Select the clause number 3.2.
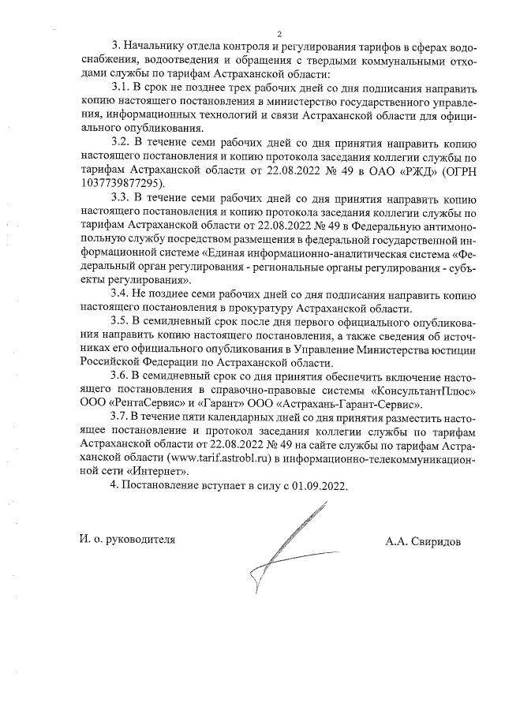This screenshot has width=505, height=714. click(123, 142)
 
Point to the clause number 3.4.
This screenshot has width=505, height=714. click(123, 294)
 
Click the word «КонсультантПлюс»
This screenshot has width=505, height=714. click(423, 389)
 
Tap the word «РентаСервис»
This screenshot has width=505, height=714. click(145, 402)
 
